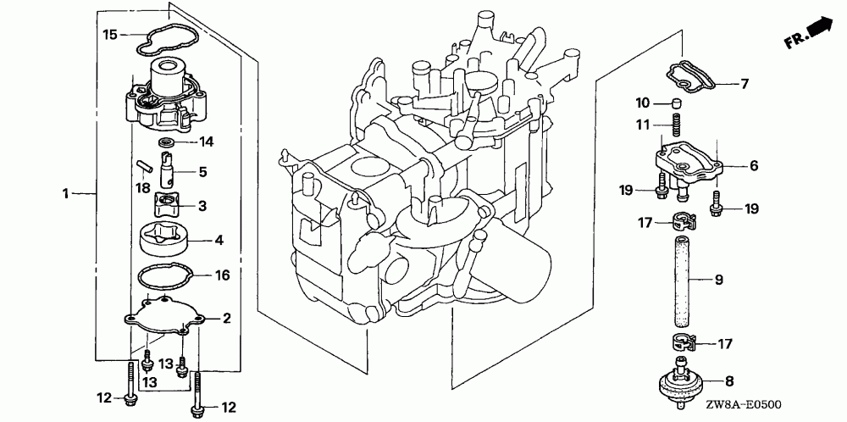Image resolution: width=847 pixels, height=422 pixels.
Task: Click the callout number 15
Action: [x=109, y=35]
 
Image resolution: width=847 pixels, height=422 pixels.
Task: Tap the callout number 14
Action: [x=206, y=140]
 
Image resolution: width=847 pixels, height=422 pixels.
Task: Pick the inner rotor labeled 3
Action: [x=169, y=205]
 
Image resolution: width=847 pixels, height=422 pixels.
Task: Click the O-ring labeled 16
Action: [x=165, y=277]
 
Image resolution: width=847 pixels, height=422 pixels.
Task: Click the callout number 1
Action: [x=65, y=194]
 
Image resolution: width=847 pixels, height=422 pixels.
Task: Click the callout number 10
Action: [x=643, y=103]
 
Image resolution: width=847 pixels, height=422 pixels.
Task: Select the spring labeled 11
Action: [x=676, y=128]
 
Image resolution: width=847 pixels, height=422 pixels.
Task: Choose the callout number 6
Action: [x=753, y=166]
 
